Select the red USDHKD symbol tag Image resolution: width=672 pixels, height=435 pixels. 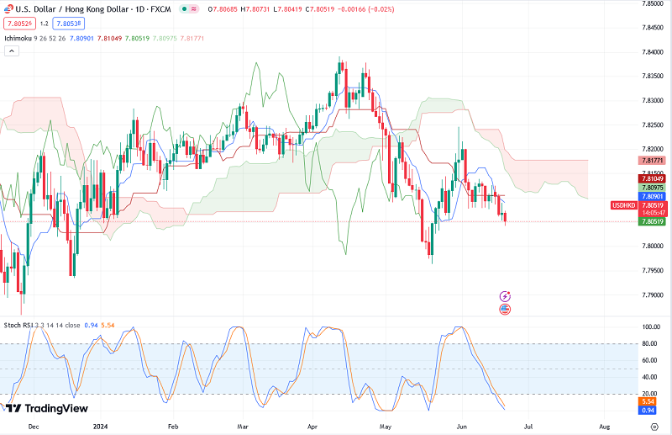point(622,205)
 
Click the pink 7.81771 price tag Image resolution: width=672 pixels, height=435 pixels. point(653,160)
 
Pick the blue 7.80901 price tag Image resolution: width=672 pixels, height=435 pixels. point(653,196)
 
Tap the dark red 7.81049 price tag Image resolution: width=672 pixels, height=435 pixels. point(653,178)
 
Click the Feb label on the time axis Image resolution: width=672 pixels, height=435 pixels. point(174,427)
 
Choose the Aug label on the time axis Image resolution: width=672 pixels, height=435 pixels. point(604,427)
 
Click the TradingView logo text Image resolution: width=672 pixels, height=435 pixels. point(56,408)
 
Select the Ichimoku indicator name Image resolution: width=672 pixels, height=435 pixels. point(18,38)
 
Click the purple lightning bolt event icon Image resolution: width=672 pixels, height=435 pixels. point(505,296)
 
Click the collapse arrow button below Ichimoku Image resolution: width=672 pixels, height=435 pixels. point(12,51)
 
